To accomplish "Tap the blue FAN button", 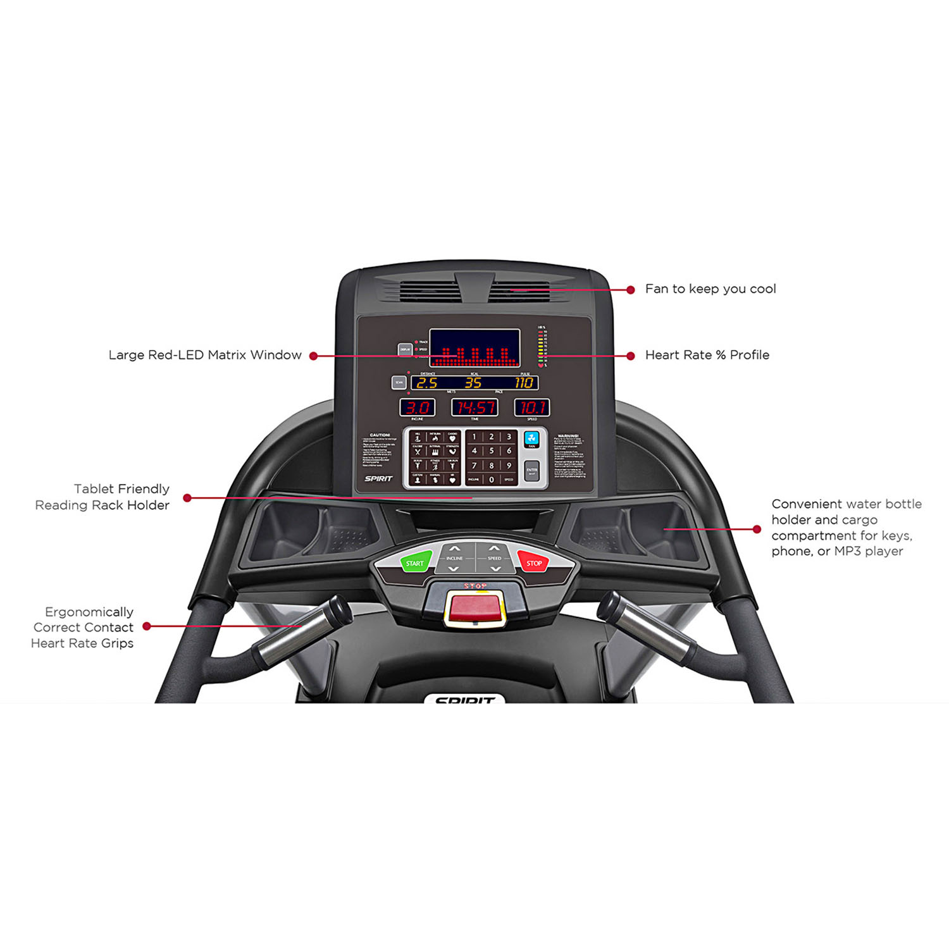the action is (531, 438).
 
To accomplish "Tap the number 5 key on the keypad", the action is (492, 451).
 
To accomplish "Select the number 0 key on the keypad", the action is (492, 480).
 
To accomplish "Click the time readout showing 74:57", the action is (475, 407).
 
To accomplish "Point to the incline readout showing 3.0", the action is (418, 407).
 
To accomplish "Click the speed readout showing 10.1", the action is (531, 407).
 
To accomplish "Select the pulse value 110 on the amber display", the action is (524, 383).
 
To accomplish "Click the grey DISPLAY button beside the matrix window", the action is (405, 349).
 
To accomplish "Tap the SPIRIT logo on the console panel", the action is (378, 478).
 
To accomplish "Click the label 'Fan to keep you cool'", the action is (710, 289).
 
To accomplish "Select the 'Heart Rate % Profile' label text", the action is (707, 355).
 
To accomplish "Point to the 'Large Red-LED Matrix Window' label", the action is (205, 355).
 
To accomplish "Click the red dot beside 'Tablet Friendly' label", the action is (187, 498).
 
